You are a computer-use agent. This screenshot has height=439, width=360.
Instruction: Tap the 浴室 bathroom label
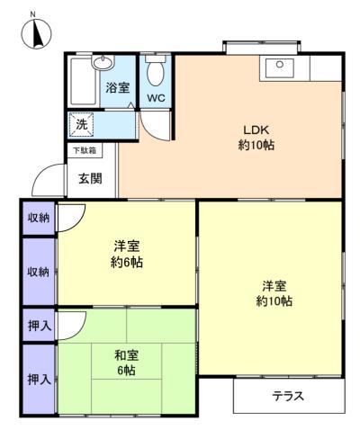(x=118, y=88)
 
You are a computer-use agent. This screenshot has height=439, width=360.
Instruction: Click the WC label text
(x=155, y=98)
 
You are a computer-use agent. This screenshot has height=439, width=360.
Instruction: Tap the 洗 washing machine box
(x=82, y=123)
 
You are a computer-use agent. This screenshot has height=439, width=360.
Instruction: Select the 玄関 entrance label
(x=89, y=178)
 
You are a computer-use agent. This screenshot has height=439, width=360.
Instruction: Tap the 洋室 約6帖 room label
(x=127, y=254)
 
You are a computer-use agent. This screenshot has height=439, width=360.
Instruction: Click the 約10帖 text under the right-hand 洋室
(x=273, y=301)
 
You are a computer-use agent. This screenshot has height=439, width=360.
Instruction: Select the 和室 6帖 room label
(x=125, y=363)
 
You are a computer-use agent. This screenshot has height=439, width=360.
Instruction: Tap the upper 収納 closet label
(x=38, y=218)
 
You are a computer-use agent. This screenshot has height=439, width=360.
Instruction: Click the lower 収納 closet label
(x=38, y=271)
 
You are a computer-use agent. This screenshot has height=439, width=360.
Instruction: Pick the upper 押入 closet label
(x=38, y=324)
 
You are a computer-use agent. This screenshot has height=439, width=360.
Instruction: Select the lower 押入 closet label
(x=38, y=378)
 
